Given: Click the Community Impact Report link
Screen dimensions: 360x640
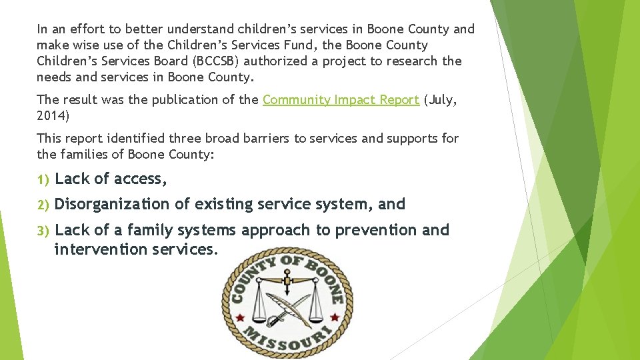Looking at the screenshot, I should [341, 100].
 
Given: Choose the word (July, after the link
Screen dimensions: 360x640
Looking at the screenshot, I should [442, 100].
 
